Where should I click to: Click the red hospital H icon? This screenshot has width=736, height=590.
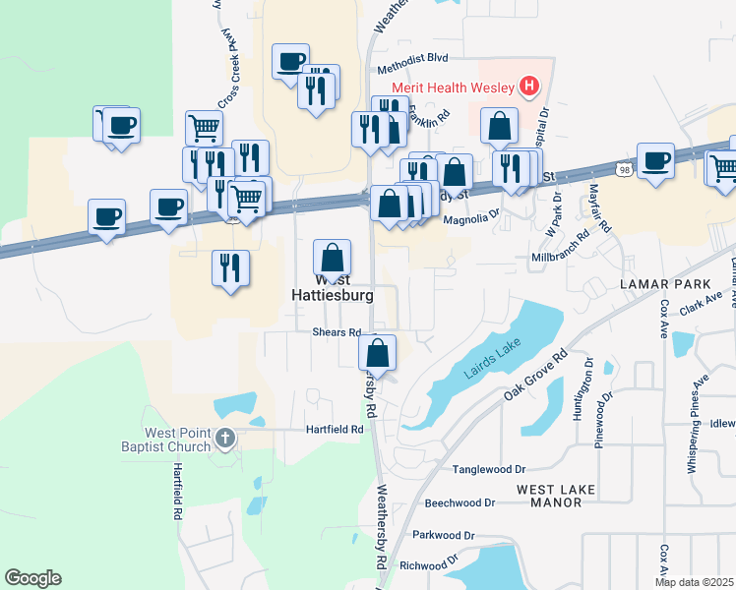coord(530,87)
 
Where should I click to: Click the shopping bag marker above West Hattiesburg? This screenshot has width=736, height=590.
coord(333,259)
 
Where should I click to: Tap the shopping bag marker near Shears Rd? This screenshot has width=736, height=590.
coord(378,352)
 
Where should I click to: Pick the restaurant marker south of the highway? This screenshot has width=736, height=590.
coord(230,268)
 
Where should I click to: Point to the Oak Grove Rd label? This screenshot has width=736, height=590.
coord(537,376)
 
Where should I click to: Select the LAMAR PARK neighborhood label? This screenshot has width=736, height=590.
coord(658,283)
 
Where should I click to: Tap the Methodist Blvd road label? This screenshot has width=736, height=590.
coord(413,71)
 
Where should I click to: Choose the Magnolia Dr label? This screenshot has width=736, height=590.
coord(472,220)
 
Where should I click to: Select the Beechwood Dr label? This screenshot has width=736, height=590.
coord(460,502)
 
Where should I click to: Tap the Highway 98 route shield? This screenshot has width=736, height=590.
coord(624,171)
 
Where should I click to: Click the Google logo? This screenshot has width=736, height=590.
coord(33,578)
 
